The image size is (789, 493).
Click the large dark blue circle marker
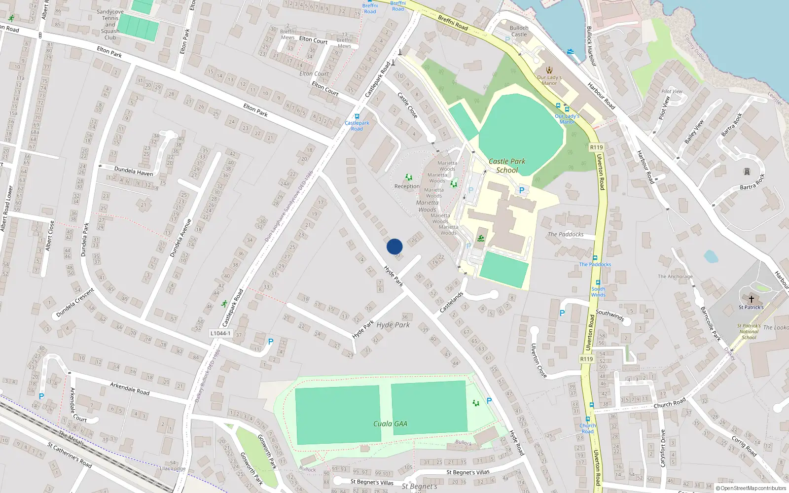[x=394, y=246]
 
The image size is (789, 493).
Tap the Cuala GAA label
[x=390, y=423]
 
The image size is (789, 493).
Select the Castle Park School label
[x=507, y=166]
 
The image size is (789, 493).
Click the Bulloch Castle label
[x=519, y=31]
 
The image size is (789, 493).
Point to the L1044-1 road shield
[x=220, y=333]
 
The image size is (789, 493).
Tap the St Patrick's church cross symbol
[x=752, y=299]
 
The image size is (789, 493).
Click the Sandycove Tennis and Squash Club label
[x=110, y=25]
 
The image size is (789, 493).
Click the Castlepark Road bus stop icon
[x=357, y=117]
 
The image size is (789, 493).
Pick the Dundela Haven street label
[x=134, y=172]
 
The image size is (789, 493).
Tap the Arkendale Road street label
[x=130, y=388]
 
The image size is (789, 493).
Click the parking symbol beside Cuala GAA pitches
[x=489, y=401]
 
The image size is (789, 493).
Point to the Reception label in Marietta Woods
[x=407, y=186]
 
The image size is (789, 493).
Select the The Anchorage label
[x=675, y=277]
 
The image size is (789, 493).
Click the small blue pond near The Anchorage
[x=711, y=256]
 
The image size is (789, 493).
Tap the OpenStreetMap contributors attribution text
[x=751, y=489]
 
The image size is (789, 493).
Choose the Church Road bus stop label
[x=588, y=428]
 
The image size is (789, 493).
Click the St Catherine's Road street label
[x=70, y=455]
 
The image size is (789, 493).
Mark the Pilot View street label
[x=665, y=108]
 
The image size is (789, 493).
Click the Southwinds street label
[x=610, y=315]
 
